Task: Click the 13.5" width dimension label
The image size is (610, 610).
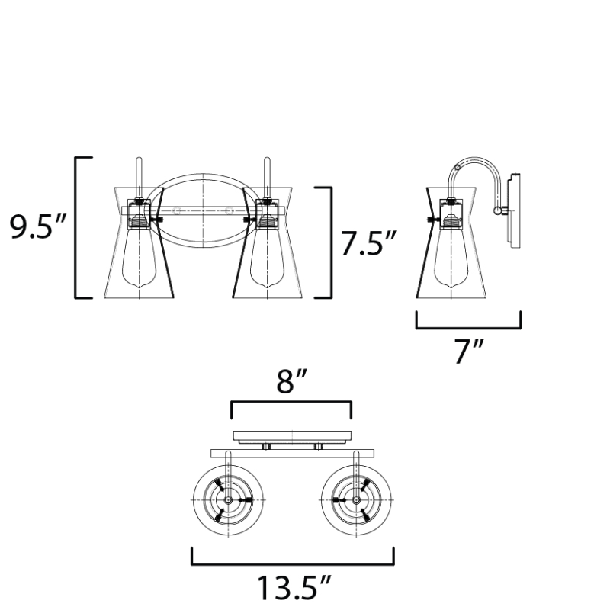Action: pyautogui.click(x=293, y=589)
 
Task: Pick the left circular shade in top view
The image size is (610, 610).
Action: pyautogui.click(x=227, y=499)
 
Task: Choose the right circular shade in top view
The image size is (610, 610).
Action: pyautogui.click(x=357, y=499)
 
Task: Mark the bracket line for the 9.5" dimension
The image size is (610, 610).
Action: pyautogui.click(x=76, y=226)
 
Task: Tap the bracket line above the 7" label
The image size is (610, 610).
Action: pyautogui.click(x=468, y=327)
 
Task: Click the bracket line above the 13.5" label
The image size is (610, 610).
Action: pyautogui.click(x=293, y=564)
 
